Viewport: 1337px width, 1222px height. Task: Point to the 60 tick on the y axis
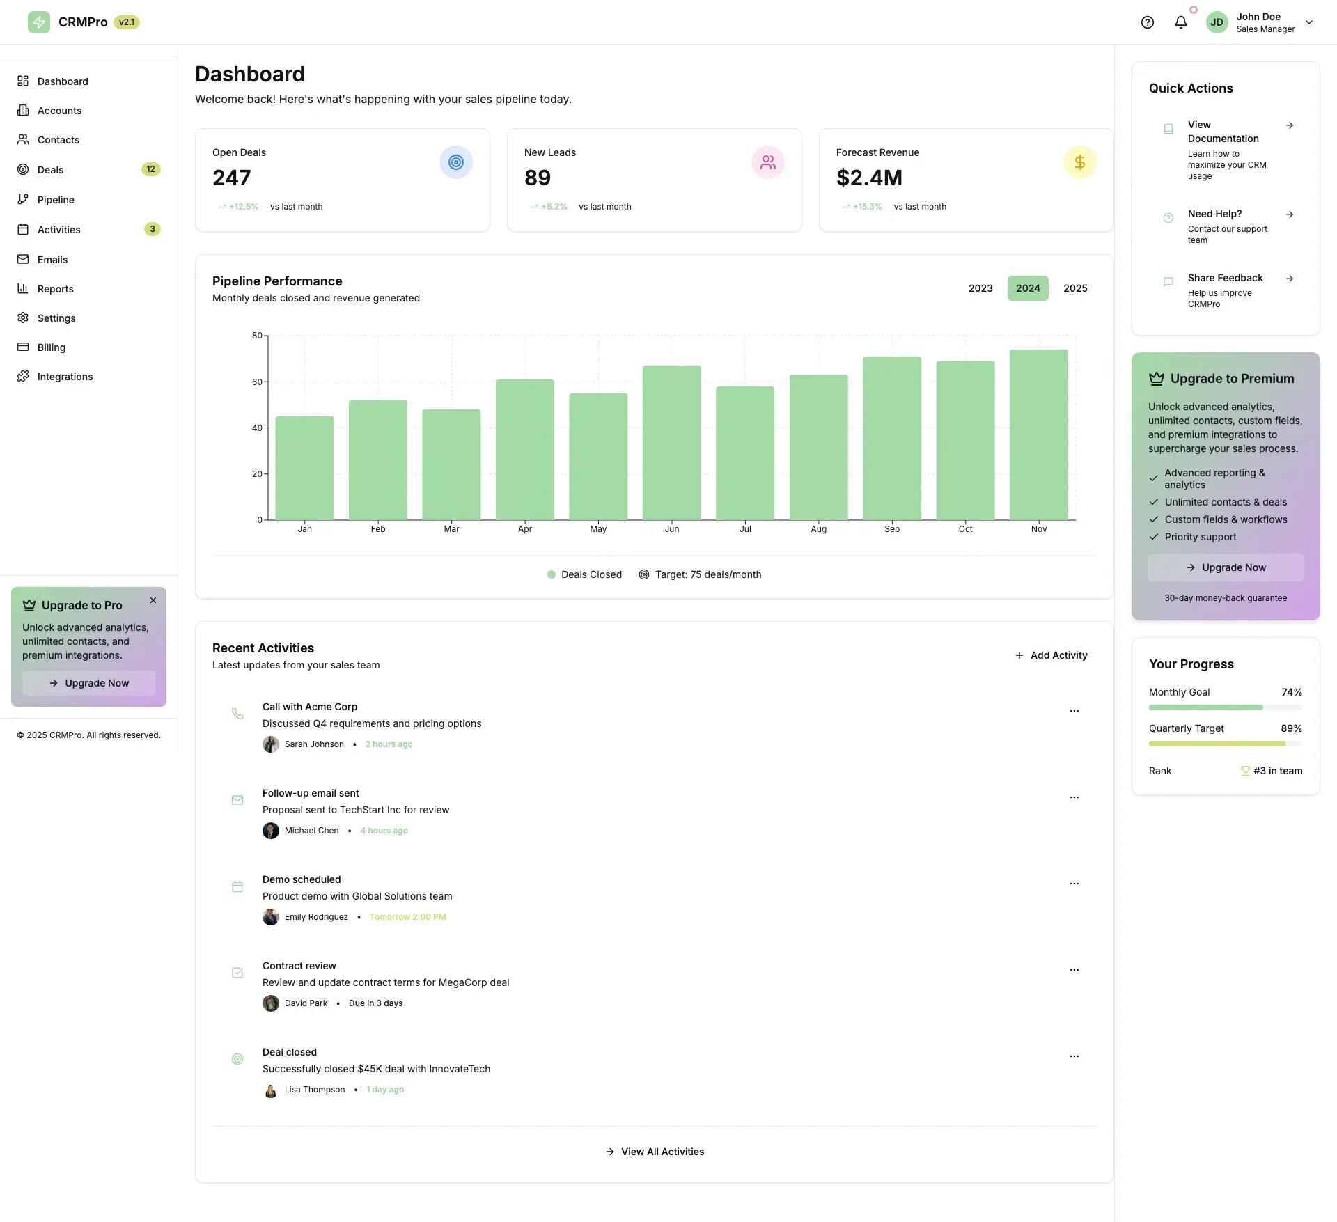(x=257, y=382)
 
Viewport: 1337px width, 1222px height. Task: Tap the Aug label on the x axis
(x=818, y=529)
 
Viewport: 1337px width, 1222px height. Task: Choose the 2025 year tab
(x=1074, y=288)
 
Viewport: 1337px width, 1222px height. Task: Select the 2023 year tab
(x=980, y=288)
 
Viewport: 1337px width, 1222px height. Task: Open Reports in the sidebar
(x=55, y=289)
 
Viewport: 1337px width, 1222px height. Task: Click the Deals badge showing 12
(x=150, y=169)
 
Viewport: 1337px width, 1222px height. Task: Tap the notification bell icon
(x=1180, y=22)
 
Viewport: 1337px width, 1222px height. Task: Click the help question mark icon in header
(x=1147, y=22)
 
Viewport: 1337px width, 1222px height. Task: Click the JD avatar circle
(x=1217, y=22)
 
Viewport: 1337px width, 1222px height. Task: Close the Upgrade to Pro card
(x=153, y=600)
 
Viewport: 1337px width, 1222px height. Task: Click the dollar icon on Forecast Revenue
(x=1079, y=162)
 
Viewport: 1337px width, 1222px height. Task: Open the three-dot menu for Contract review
(x=1074, y=970)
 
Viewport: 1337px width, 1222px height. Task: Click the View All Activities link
(x=655, y=1152)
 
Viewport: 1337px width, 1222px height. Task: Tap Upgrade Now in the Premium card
(x=1225, y=567)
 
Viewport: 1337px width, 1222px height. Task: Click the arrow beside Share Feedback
(x=1290, y=279)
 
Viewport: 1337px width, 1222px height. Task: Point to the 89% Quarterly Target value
(x=1291, y=728)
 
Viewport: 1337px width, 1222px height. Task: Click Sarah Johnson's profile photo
(x=270, y=744)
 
